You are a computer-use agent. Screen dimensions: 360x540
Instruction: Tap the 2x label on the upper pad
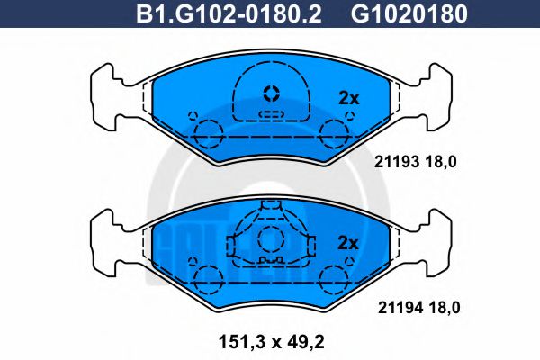pos(347,98)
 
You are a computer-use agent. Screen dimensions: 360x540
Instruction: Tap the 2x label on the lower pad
pos(347,243)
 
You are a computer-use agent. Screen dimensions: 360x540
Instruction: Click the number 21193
pos(391,163)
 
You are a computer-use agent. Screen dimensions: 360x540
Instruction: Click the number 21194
pos(391,308)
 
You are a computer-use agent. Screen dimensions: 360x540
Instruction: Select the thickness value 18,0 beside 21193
pos(444,163)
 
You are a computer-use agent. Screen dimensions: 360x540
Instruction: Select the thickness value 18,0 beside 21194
pos(444,308)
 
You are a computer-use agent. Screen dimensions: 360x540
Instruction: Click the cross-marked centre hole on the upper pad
pos(270,93)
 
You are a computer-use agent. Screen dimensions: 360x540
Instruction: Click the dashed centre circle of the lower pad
pos(270,239)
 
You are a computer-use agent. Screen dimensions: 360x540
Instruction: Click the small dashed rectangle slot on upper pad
pos(270,114)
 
